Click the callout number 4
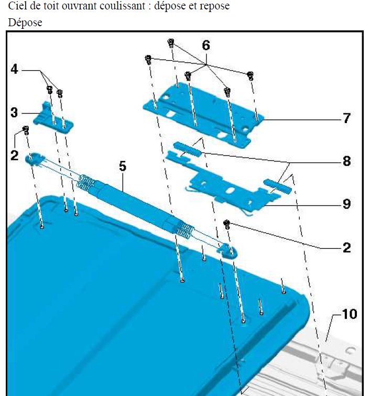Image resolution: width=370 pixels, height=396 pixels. click(x=14, y=69)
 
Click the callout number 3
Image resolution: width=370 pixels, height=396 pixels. click(x=14, y=113)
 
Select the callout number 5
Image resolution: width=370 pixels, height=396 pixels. click(x=122, y=166)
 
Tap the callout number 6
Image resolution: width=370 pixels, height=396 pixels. click(x=206, y=46)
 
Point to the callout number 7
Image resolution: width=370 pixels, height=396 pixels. click(x=347, y=118)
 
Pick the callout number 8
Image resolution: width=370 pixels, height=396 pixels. click(x=347, y=161)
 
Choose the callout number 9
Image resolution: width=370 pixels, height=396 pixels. click(x=347, y=204)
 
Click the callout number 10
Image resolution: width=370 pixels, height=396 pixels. click(x=350, y=314)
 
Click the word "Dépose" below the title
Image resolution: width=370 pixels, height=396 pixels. click(x=25, y=23)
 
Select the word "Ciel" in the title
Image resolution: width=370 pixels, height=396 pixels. click(x=18, y=6)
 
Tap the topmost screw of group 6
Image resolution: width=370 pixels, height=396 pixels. click(x=171, y=43)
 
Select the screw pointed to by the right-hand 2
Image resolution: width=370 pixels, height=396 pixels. click(x=227, y=224)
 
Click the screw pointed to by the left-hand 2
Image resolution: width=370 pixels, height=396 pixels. click(x=26, y=130)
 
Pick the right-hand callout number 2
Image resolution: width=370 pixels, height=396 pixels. click(x=347, y=248)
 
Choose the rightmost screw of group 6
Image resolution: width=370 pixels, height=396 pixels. click(x=250, y=76)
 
